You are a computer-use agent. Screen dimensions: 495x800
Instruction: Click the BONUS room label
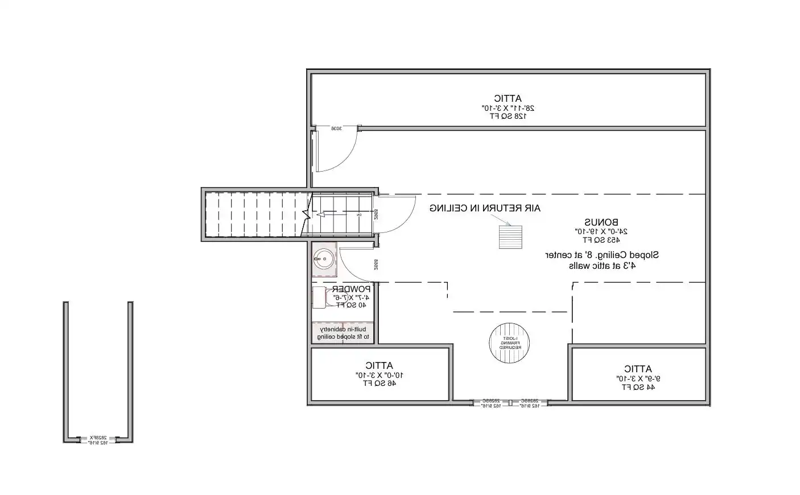(601, 222)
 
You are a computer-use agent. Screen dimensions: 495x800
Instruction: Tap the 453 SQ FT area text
(601, 239)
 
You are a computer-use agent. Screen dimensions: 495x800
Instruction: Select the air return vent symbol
(510, 237)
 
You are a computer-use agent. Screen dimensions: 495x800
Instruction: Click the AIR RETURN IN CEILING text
(485, 209)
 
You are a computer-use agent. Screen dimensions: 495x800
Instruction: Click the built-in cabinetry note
(343, 334)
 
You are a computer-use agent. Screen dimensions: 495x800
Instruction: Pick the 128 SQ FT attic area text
(508, 116)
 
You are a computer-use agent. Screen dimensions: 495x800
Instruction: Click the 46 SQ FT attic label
(380, 383)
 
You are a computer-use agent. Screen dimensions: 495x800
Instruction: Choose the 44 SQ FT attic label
(637, 387)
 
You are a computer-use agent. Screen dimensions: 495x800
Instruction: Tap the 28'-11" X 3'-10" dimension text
(508, 107)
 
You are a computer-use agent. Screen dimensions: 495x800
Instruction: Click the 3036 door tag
(336, 128)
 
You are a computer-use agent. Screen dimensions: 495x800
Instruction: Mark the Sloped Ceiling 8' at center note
(602, 255)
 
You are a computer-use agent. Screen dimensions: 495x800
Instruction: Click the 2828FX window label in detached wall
(98, 438)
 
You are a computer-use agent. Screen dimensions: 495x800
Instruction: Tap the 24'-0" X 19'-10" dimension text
(601, 231)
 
